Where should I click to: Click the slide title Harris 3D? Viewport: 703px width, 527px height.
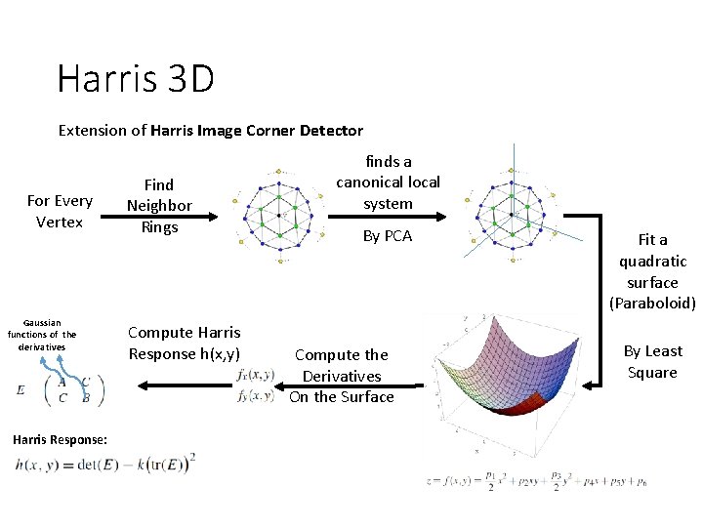(x=136, y=78)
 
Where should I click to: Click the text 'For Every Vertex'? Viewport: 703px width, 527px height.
(x=60, y=211)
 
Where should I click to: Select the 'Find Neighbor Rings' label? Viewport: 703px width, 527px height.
(x=159, y=205)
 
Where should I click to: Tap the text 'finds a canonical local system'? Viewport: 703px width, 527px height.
(x=388, y=182)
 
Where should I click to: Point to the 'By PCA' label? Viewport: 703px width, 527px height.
(x=388, y=236)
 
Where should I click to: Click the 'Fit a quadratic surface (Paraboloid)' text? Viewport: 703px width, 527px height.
(x=652, y=271)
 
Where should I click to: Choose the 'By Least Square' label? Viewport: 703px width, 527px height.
(x=652, y=361)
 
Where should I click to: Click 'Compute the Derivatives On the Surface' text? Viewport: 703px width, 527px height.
(x=342, y=376)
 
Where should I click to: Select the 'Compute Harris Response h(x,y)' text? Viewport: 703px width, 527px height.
(x=184, y=344)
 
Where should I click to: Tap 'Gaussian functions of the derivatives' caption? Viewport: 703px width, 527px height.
(x=42, y=335)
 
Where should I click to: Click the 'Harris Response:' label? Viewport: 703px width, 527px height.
(x=61, y=439)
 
